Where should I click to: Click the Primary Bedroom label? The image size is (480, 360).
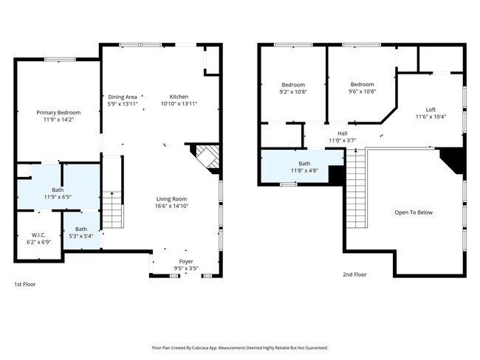(58, 113)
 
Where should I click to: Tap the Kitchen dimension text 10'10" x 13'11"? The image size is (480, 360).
(179, 104)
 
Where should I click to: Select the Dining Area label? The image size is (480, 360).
(123, 97)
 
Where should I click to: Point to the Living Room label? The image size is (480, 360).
(171, 199)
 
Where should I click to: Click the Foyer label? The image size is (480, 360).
(186, 261)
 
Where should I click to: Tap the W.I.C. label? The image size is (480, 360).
(39, 235)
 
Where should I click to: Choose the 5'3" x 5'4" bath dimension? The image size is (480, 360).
(81, 236)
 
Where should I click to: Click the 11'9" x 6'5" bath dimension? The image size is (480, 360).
(58, 197)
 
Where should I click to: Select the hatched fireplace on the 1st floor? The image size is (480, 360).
(208, 156)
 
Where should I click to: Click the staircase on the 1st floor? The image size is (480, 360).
(113, 210)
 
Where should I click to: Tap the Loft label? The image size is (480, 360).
(431, 110)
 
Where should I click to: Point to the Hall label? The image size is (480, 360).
(343, 134)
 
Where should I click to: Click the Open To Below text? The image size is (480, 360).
(414, 212)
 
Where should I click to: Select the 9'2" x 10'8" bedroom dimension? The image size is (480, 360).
(293, 91)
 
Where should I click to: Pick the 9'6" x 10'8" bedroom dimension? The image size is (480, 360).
(362, 91)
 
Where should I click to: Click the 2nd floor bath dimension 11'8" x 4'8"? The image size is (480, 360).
(304, 170)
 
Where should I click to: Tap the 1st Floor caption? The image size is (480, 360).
(25, 285)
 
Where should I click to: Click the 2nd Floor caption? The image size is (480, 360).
(354, 274)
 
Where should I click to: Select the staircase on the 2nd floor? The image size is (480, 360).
(356, 188)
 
